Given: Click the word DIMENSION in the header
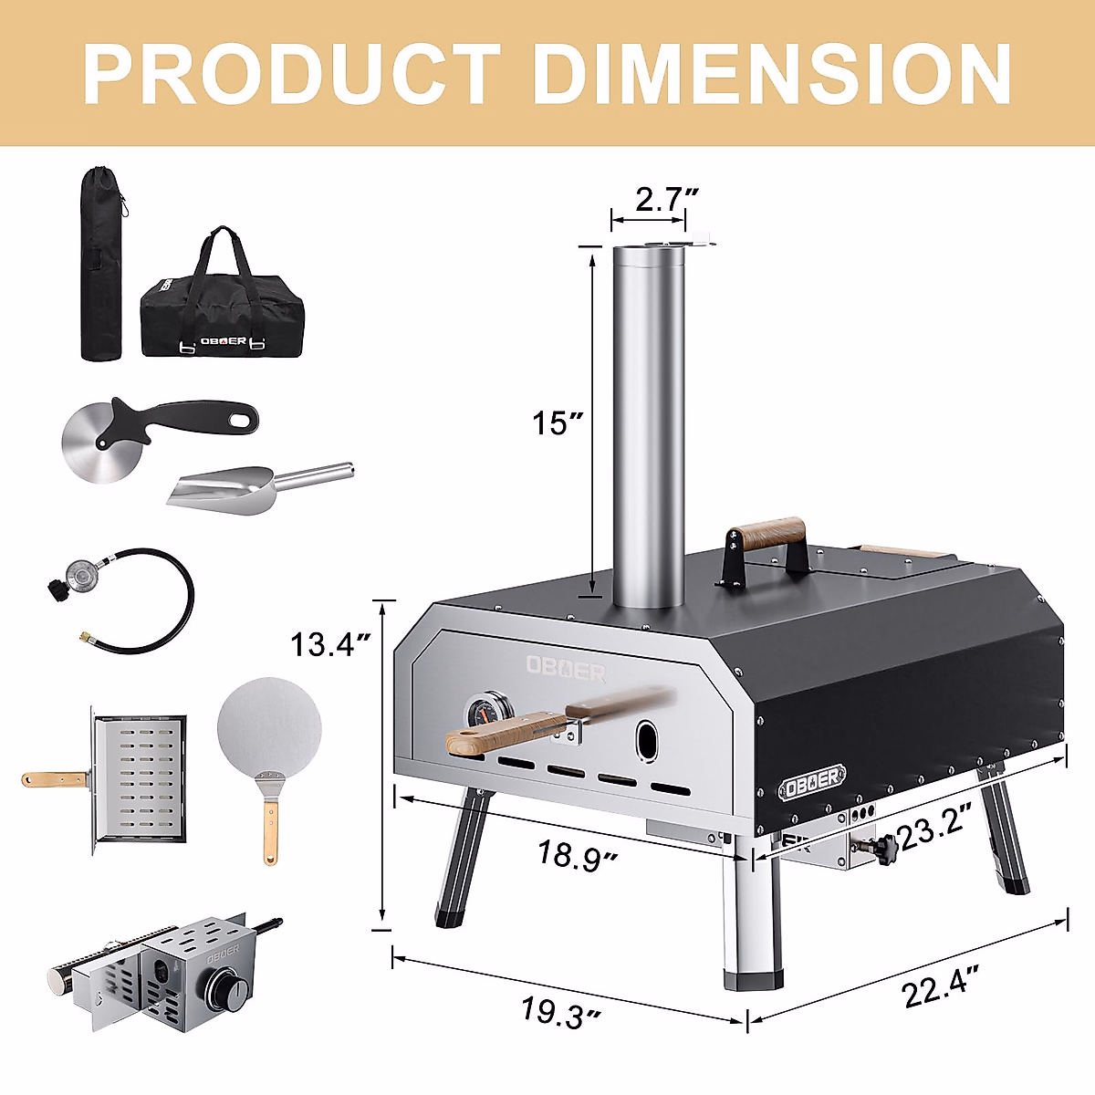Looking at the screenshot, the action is point(772,75).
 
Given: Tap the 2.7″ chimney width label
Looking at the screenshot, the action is point(664,199).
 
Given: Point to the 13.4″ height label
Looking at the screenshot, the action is point(330,644).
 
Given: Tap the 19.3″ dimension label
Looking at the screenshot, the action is point(560,1011).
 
